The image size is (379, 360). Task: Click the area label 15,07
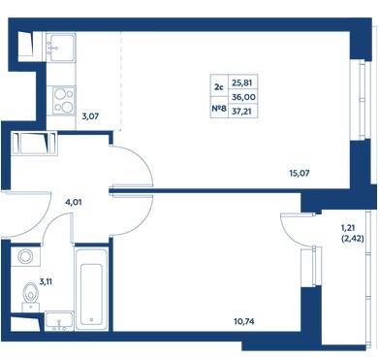click(299, 173)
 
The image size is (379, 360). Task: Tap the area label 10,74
click(244, 321)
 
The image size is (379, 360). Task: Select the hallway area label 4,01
click(74, 203)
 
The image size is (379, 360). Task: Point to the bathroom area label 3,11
click(46, 281)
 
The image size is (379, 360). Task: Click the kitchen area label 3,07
click(90, 116)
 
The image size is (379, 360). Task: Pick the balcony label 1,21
click(348, 229)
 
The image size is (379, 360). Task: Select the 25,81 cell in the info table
click(242, 82)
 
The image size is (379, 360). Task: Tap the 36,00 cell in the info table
click(243, 97)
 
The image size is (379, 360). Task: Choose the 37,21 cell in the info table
click(242, 112)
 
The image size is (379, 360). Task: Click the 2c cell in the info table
click(219, 86)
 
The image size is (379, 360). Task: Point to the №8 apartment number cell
click(219, 109)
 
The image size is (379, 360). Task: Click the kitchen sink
click(61, 48)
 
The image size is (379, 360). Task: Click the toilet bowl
click(31, 294)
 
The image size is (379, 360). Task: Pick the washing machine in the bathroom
click(25, 256)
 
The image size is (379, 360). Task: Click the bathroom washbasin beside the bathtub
click(59, 321)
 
